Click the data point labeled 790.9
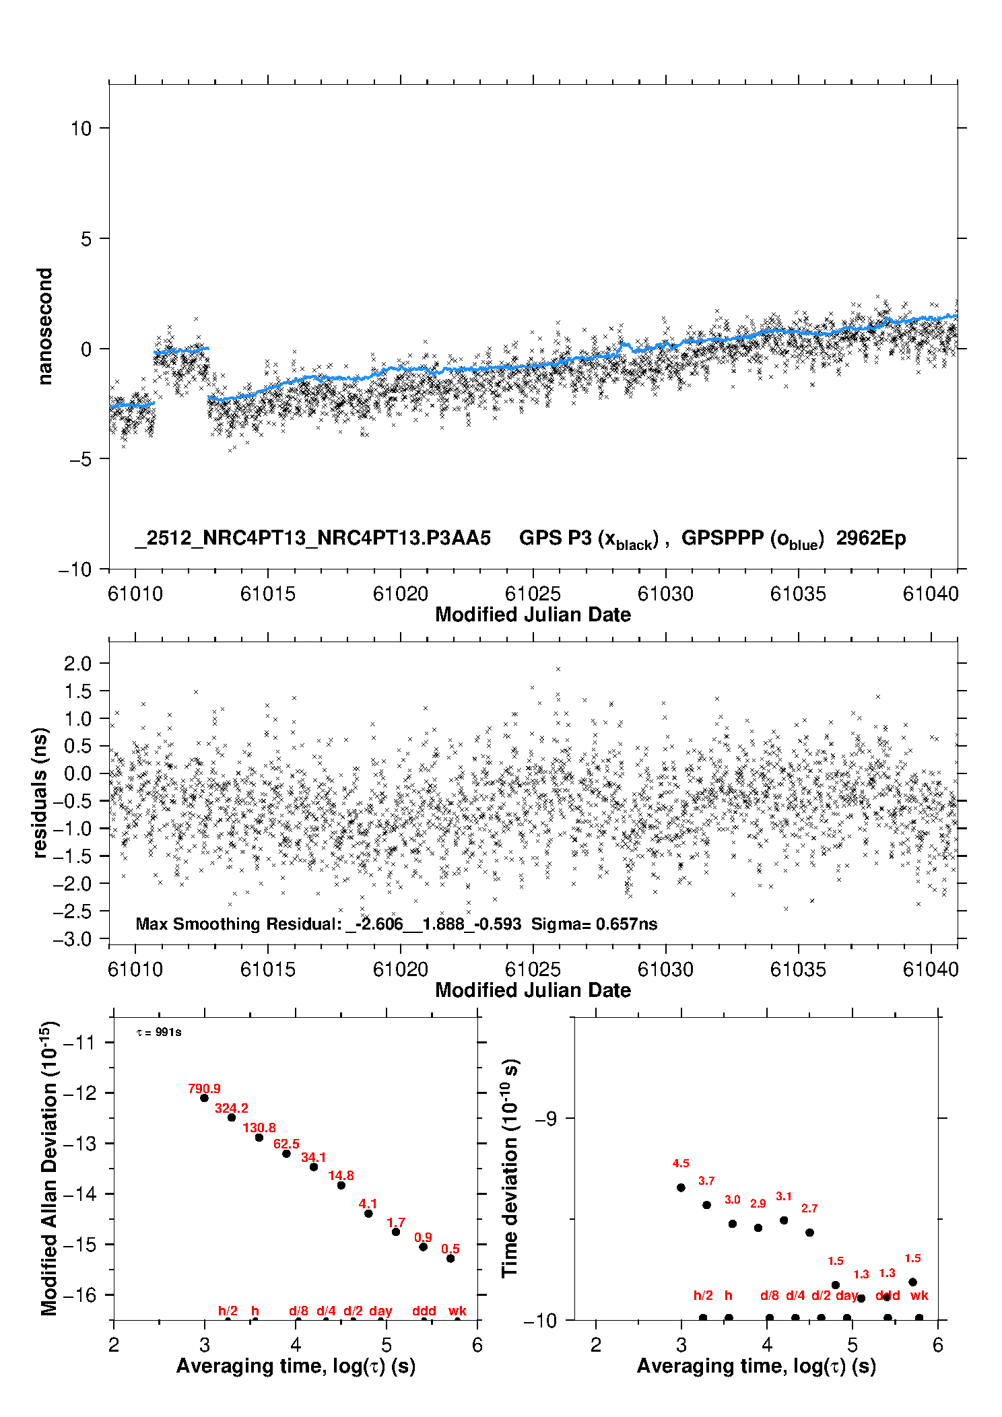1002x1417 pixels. coord(205,1098)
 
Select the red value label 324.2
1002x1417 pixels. coord(232,1108)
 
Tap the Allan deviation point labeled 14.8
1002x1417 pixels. coord(341,1185)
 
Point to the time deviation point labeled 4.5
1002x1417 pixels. coord(681,1187)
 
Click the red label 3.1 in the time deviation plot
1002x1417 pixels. coord(784,1196)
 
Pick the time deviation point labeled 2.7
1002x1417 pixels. coord(810,1233)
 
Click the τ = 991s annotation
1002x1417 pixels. coord(159,1032)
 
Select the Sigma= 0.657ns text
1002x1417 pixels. coord(594,924)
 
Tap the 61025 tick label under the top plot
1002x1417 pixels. coord(533,594)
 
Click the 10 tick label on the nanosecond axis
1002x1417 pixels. coord(81,128)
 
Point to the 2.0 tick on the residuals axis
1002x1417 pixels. coord(77,663)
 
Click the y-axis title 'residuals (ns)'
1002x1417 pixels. coord(40,792)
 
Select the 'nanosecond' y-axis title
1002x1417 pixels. coord(44,326)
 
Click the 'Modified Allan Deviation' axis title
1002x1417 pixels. coord(49,1168)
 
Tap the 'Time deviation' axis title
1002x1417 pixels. coord(510,1168)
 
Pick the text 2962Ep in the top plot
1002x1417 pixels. coord(871,538)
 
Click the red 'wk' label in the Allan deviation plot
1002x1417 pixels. coord(457,1311)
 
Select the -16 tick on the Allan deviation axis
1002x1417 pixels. coord(79,1294)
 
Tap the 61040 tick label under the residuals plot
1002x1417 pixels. coord(931,969)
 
